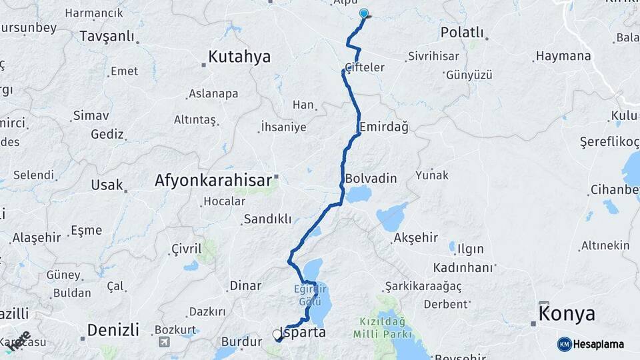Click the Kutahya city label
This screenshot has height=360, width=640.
click(239, 57)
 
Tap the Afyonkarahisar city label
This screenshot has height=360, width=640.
click(213, 180)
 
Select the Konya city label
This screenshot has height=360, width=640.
click(567, 314)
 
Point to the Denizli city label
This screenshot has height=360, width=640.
click(113, 329)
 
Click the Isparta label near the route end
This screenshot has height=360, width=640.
click(304, 331)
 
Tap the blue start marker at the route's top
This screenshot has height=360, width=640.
click(363, 13)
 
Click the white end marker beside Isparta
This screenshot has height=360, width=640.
click(277, 335)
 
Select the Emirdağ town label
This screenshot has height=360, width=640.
click(383, 126)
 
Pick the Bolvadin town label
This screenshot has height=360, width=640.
click(371, 179)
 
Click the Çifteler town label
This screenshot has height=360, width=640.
click(365, 67)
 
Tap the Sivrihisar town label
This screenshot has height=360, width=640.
click(434, 56)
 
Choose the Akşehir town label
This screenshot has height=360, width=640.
click(415, 237)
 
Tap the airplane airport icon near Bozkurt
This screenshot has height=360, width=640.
click(163, 342)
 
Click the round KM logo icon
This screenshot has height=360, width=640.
click(564, 344)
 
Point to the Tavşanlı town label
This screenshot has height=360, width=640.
click(107, 37)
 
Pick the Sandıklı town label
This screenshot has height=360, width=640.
click(267, 219)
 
